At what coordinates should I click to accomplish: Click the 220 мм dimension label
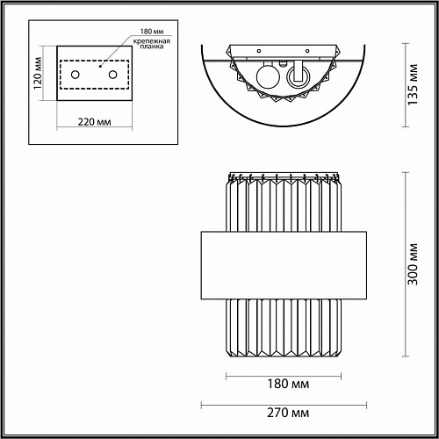(94, 122)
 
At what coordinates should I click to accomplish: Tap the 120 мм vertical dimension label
(38, 74)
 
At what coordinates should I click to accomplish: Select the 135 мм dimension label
(413, 84)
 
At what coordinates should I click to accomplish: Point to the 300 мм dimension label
(414, 264)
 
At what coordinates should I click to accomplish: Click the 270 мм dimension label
(288, 413)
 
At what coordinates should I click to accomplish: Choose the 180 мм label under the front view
(288, 384)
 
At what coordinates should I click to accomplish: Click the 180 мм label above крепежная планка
(152, 32)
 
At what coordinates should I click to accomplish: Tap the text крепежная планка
(152, 44)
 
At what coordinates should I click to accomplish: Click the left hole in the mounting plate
(76, 75)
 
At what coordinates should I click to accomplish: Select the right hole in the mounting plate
(113, 75)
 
